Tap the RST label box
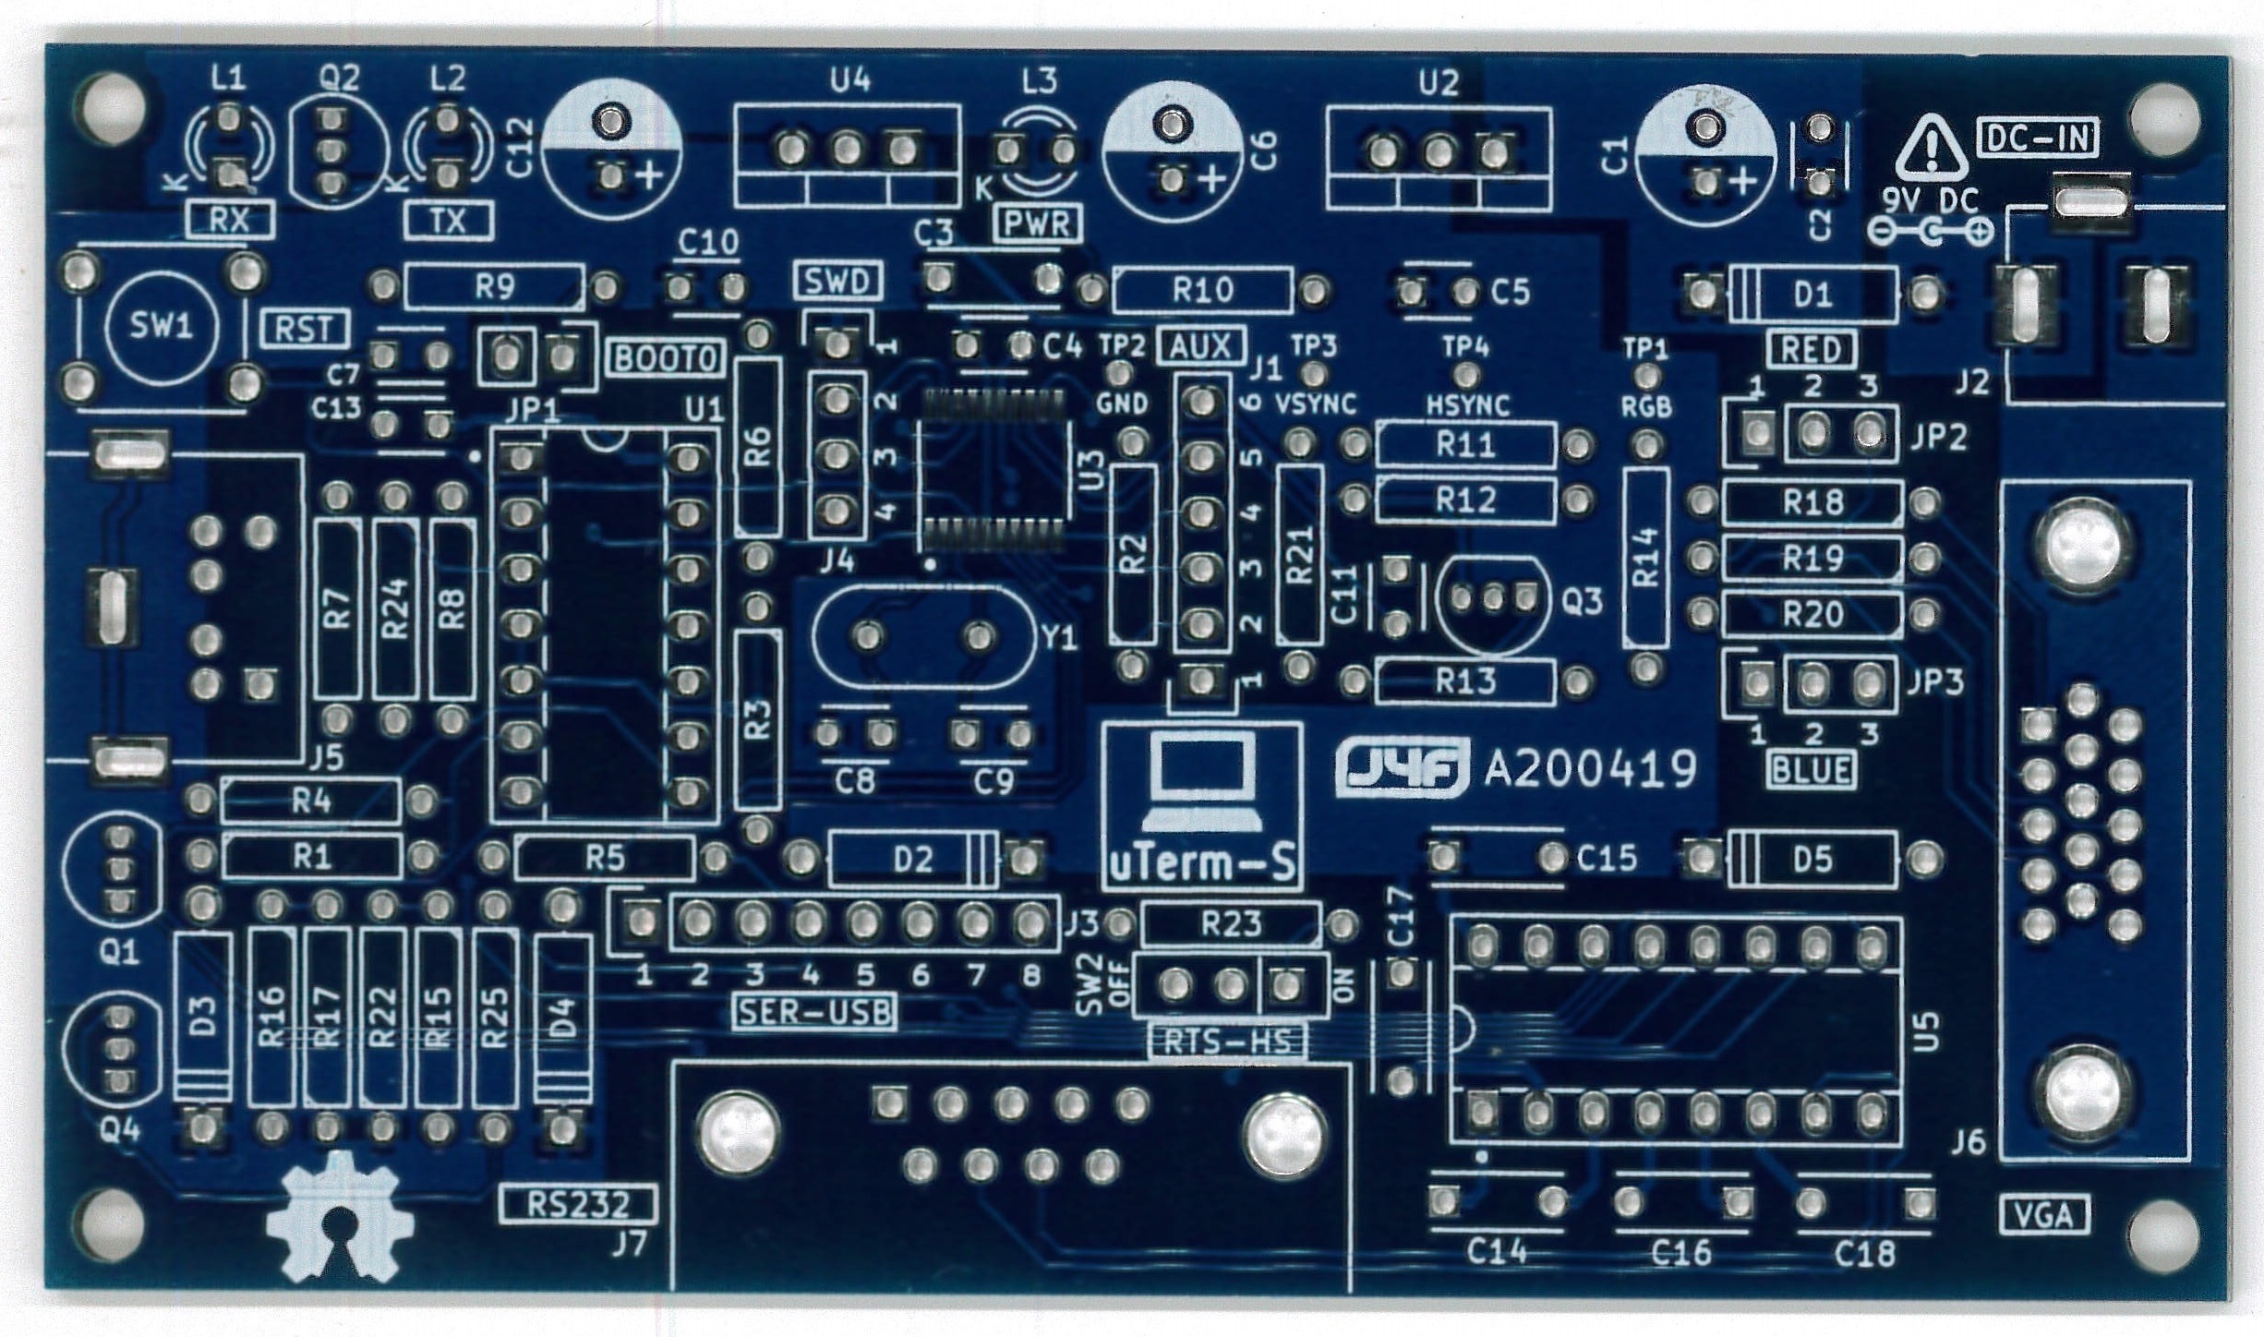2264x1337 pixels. tap(305, 329)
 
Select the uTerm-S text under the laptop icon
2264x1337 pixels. tap(1202, 865)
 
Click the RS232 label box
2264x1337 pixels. tap(578, 1204)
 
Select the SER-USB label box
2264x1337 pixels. tap(815, 1013)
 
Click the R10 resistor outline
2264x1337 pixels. tap(1202, 292)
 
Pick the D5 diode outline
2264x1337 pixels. tap(1812, 860)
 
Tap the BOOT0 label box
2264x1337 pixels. tap(666, 358)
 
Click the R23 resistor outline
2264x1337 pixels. tap(1231, 923)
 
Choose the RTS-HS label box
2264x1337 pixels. tap(1228, 1042)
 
